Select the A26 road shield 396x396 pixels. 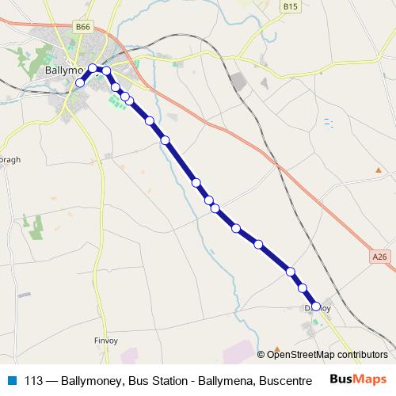[380, 257]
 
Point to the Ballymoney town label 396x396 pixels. [60, 70]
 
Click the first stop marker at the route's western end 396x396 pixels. [79, 82]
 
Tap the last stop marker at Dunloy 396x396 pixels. [316, 307]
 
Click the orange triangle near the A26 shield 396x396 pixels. [379, 169]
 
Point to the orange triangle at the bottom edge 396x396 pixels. [277, 348]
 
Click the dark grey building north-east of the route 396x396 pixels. [238, 81]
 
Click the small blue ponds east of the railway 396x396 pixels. [328, 122]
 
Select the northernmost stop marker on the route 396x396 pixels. [93, 68]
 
